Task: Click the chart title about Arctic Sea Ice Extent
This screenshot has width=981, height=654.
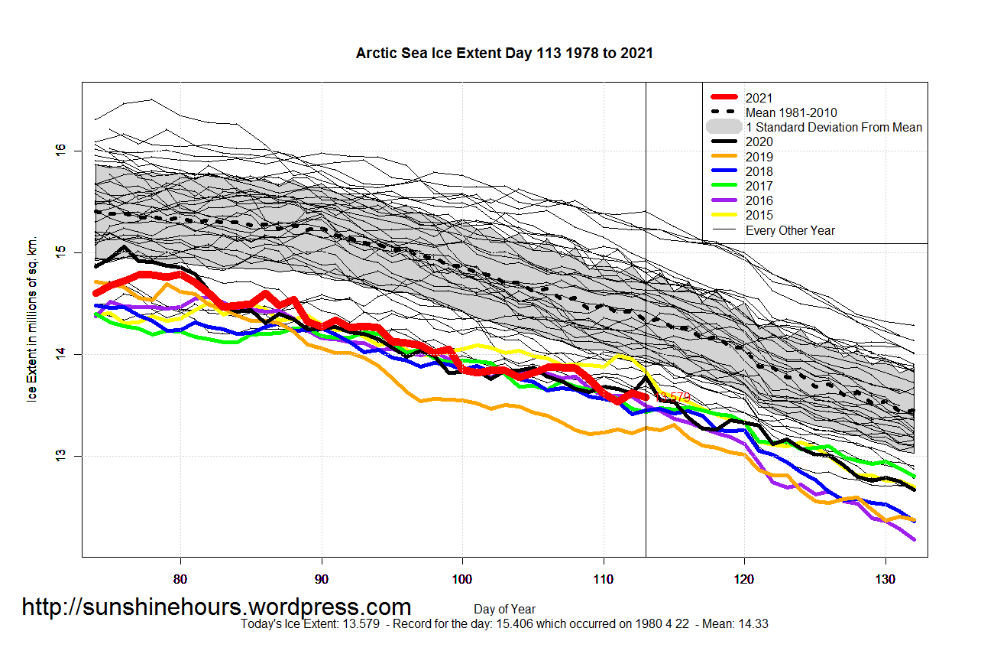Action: tap(504, 54)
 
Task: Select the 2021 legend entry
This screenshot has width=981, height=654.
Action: tap(759, 98)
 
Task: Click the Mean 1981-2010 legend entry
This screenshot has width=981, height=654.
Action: tap(790, 112)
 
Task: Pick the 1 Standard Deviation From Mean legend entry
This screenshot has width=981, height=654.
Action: tap(833, 127)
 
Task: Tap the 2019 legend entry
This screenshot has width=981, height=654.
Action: tap(759, 157)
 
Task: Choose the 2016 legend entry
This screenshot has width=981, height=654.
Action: tap(759, 200)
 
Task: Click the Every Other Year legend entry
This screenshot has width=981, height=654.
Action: tap(790, 230)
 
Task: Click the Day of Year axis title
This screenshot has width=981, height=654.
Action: tap(504, 610)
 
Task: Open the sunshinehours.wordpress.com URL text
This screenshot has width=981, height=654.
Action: tap(216, 607)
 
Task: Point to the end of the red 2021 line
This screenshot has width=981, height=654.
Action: tap(646, 397)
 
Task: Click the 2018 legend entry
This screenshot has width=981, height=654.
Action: tap(759, 171)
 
